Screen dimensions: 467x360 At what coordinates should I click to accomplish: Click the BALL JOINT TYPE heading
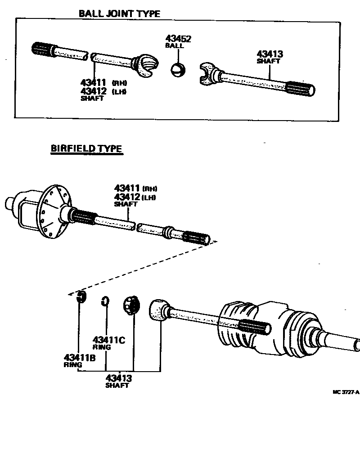click(119, 13)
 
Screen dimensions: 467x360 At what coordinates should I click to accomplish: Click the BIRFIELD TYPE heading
click(86, 148)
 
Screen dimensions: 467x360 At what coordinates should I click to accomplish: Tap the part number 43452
click(178, 39)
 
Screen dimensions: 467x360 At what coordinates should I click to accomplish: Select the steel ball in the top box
click(178, 70)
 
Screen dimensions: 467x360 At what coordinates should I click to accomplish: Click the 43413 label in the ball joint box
click(270, 54)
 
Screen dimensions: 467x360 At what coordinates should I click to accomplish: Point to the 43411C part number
click(108, 340)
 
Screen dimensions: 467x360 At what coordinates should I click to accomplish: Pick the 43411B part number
click(80, 358)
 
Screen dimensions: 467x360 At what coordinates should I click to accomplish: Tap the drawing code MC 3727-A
click(346, 392)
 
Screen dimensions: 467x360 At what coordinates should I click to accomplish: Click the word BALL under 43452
click(174, 46)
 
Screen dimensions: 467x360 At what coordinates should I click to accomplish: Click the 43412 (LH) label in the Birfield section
click(134, 197)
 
